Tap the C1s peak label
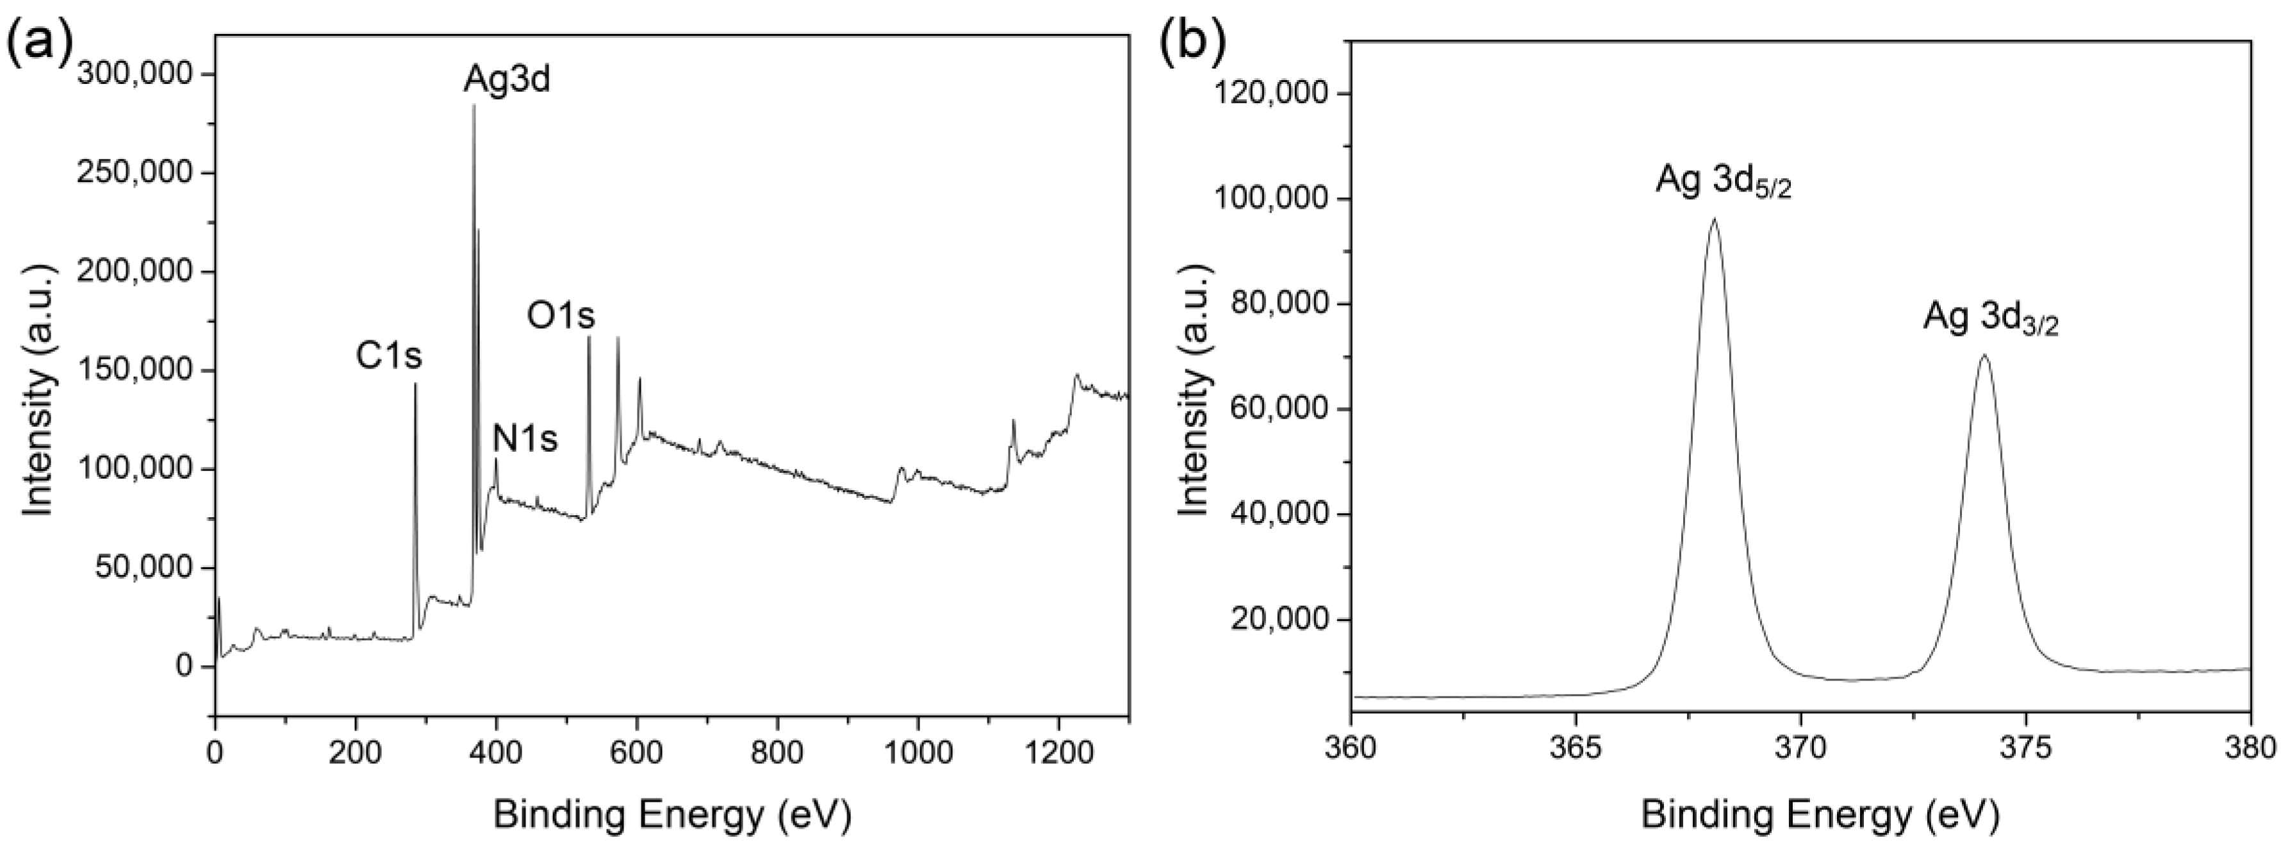(x=389, y=356)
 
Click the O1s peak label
(x=561, y=315)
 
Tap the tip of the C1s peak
(x=415, y=384)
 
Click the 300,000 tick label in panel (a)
(x=134, y=74)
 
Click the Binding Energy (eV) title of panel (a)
(x=671, y=814)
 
